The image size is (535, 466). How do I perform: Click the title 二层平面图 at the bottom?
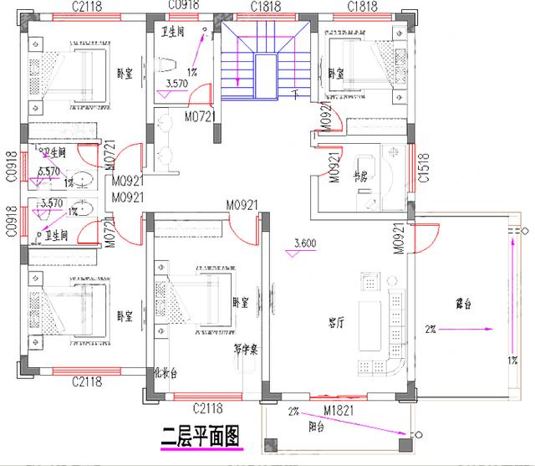(x=200, y=436)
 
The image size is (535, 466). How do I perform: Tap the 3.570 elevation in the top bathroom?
(x=176, y=84)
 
